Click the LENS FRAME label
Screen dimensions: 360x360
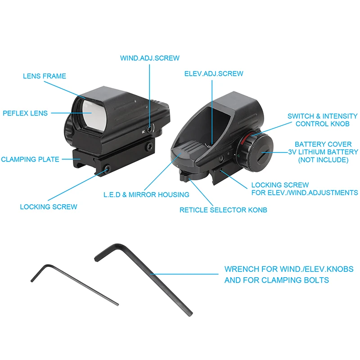click(45, 76)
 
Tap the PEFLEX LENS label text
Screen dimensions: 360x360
click(25, 113)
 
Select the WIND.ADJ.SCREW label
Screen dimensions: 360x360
click(150, 58)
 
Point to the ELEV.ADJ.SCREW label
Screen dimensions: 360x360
click(214, 74)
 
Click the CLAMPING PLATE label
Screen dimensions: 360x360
click(30, 159)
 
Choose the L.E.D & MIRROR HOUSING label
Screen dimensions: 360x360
click(146, 195)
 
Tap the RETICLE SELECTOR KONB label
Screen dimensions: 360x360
click(223, 210)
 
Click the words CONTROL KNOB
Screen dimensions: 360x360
click(322, 124)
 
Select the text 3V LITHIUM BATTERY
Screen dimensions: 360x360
click(323, 152)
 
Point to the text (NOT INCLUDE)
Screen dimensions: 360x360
click(323, 160)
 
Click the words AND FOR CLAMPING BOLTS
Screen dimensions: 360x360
click(277, 280)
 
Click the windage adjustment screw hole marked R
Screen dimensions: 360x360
click(150, 129)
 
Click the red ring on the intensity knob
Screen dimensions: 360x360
click(246, 138)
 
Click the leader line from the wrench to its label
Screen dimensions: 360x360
click(184, 274)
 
